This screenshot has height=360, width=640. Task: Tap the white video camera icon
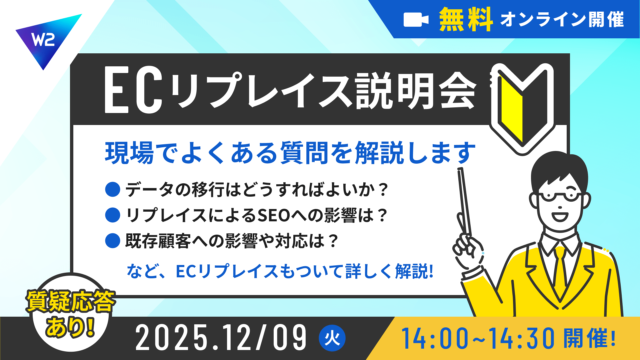(x=416, y=20)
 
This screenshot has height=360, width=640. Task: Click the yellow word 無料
(x=466, y=19)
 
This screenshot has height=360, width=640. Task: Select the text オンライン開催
(x=562, y=20)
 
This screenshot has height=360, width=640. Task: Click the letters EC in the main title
(x=134, y=90)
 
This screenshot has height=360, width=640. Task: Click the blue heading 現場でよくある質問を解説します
(x=290, y=153)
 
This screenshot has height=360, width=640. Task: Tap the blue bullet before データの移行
(x=113, y=189)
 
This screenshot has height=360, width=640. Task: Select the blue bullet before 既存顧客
(x=113, y=241)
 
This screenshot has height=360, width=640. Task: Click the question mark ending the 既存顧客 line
(x=333, y=241)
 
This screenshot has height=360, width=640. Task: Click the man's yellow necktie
(x=560, y=267)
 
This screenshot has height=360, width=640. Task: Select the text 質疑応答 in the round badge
(x=71, y=301)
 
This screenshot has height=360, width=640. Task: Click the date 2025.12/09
(x=221, y=338)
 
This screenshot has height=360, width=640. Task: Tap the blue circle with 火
(x=332, y=338)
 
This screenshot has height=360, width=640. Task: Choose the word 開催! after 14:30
(x=589, y=338)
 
